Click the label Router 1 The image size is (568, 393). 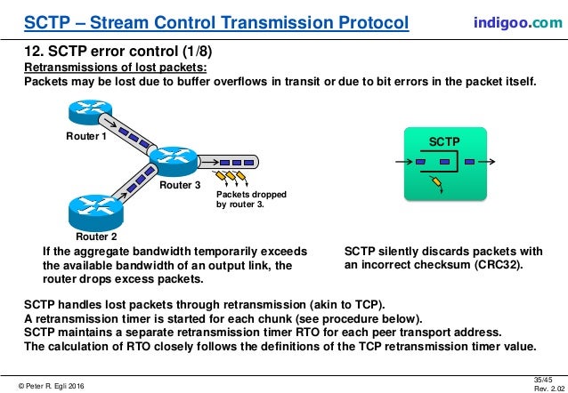[x=85, y=137]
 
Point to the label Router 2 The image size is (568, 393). [x=95, y=237]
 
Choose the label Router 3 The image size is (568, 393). [x=179, y=187]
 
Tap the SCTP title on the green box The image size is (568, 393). [x=444, y=141]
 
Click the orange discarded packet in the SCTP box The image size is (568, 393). [x=436, y=183]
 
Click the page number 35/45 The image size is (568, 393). [x=546, y=375]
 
